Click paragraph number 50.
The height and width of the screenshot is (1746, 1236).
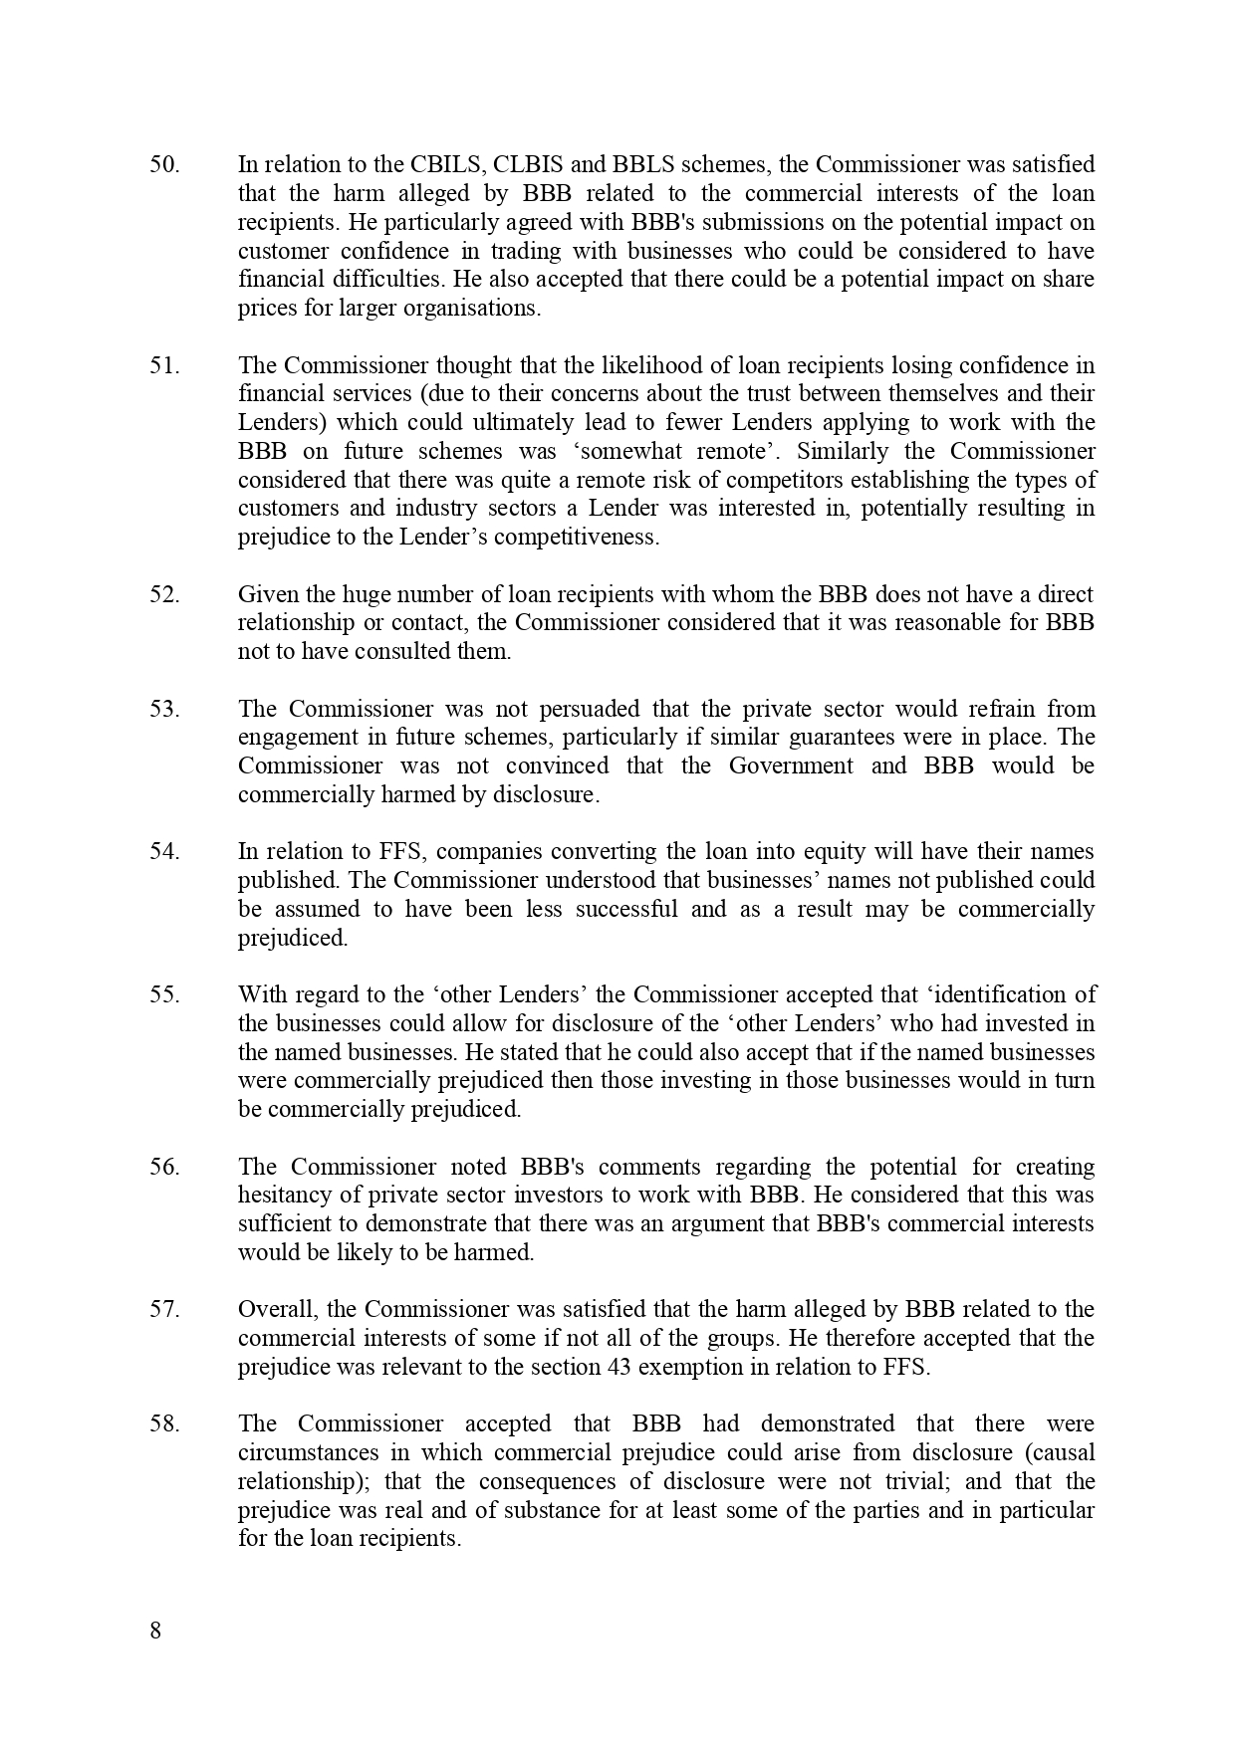[x=164, y=164]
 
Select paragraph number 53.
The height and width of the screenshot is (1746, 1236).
[x=164, y=709]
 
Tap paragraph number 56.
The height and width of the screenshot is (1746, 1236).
[x=164, y=1167]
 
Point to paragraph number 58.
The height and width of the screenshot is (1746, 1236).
[x=164, y=1423]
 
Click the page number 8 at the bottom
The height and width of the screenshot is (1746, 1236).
[x=154, y=1632]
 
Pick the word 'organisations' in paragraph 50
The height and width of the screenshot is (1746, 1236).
[x=472, y=308]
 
